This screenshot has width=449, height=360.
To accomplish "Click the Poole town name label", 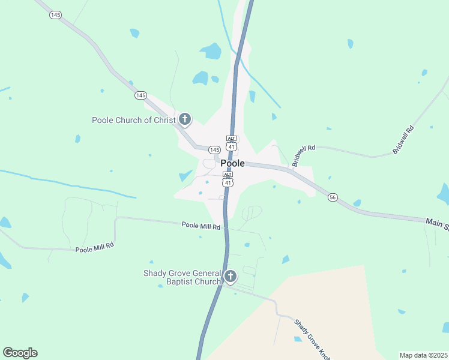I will pos(232,163).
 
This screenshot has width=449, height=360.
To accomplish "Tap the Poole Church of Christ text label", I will pos(133,120).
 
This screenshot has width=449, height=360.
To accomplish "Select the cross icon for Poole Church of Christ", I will pos(185,119).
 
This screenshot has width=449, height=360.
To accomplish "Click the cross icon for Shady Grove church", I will pos(231,277).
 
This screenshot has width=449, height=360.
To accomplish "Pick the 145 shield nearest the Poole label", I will pos(214,149).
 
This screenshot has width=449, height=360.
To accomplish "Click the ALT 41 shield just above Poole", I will pos(231,143).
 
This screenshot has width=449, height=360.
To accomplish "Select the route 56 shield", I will pos(333,197).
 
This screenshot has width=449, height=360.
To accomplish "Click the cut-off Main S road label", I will pos(437,223).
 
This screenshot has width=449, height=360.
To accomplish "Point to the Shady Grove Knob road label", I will pos(312,339).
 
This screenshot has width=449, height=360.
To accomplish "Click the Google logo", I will pos(20,353).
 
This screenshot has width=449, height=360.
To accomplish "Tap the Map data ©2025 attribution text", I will pos(423,355).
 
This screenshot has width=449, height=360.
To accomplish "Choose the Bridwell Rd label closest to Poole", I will pos(298,155).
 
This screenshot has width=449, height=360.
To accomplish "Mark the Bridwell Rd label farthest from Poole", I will pos(403,140).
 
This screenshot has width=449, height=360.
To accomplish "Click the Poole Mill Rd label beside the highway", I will pos(201,226).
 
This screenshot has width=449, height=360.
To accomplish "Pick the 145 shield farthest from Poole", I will pos(55,15).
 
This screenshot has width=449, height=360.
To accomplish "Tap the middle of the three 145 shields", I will pos(140,95).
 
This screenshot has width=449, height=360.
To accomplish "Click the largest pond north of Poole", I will pos(211,52).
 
